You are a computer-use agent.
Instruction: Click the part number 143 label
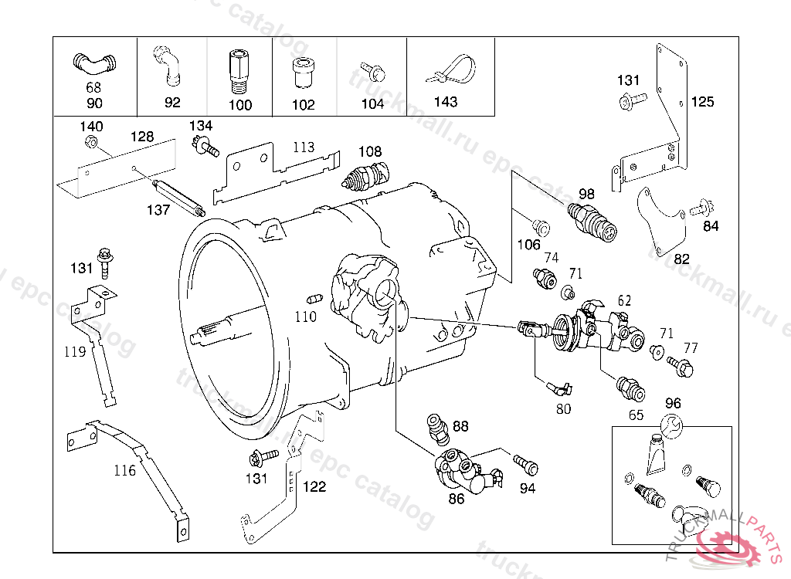pos(446,102)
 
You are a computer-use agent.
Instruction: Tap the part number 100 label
pos(241,104)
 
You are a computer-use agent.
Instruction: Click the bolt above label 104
pos(373,73)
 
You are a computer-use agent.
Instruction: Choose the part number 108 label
pos(370,152)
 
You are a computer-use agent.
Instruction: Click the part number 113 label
pos(304,147)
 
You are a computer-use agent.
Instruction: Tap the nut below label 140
pos(90,143)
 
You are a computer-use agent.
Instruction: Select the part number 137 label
pos(158,210)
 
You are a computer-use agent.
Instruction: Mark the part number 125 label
pos(703,102)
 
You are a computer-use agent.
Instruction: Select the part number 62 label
pos(624,300)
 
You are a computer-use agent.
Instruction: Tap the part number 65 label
pos(636,415)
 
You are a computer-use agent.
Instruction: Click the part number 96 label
pos(673,403)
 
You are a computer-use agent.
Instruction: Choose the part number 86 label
pos(457,499)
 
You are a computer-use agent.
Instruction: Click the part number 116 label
pos(125,470)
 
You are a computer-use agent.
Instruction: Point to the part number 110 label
pos(305,317)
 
